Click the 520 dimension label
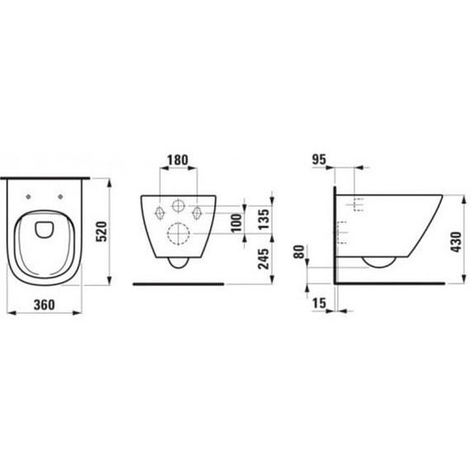coord(102,231)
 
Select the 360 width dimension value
coord(45,305)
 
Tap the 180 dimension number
coord(178,160)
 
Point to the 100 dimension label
coord(236,222)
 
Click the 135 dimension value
coord(264,219)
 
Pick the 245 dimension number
coord(264,259)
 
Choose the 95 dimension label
coord(319,159)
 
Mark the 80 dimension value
coord(299,252)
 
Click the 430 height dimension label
coord(455,242)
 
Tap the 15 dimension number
coord(319,303)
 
